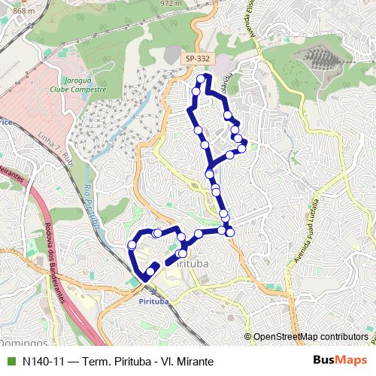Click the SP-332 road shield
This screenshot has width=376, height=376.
[x=199, y=58]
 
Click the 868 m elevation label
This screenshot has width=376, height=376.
[x=23, y=11]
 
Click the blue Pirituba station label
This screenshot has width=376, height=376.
[x=155, y=301]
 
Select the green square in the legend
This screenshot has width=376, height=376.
[x=10, y=361]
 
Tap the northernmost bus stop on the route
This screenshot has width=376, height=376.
[x=201, y=78]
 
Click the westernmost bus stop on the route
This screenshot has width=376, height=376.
[x=132, y=244]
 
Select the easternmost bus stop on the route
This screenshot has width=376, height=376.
[x=243, y=147]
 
